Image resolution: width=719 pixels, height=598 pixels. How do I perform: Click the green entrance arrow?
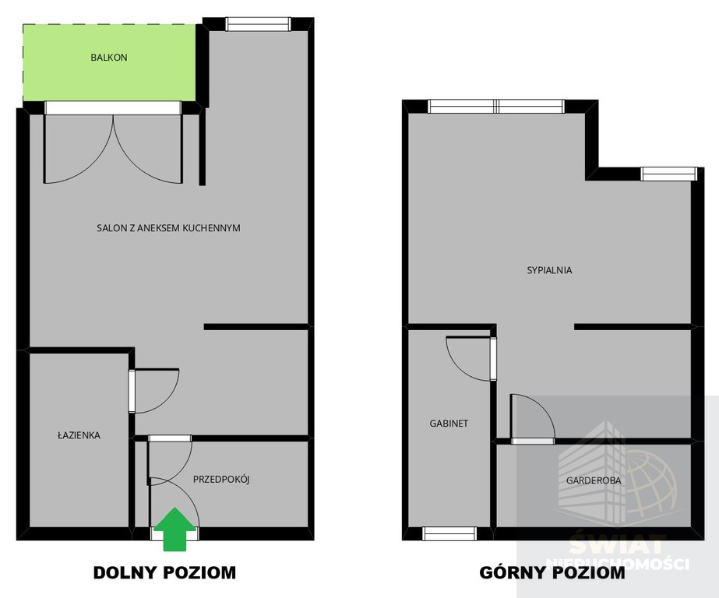174,529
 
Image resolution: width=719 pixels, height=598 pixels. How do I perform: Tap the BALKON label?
109,58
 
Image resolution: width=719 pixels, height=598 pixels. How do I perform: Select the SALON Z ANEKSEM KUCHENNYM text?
168,228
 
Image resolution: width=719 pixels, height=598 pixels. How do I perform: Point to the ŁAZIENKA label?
79,434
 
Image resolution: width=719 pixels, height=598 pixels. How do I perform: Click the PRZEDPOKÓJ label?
221,480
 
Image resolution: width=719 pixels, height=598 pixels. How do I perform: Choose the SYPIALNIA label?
549,270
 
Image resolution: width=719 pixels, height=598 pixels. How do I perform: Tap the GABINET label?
449,424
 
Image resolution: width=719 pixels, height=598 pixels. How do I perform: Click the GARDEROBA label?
594,480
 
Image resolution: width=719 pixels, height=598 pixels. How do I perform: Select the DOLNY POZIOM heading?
164,573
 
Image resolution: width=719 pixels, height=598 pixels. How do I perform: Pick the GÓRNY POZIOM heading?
552,573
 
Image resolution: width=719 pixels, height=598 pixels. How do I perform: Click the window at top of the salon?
258,24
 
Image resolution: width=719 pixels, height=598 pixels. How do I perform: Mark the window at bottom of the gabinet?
449,533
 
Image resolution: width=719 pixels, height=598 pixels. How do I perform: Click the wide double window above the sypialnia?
496,107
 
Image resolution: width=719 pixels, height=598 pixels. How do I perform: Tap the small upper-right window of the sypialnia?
668,174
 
